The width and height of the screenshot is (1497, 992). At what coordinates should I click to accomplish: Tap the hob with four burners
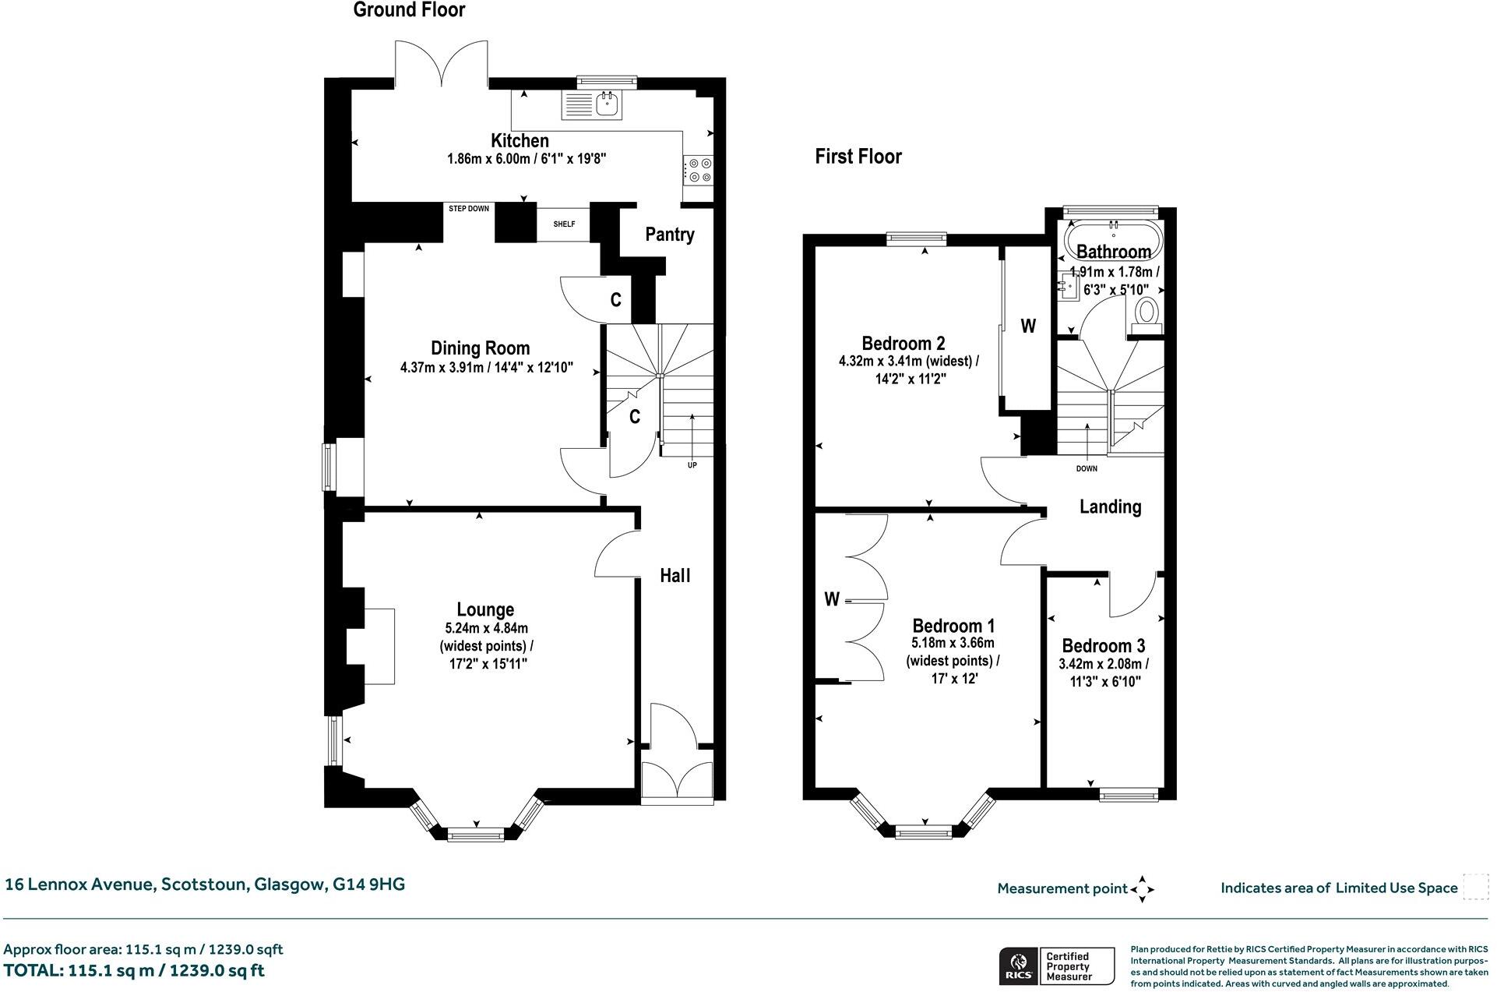coord(698,170)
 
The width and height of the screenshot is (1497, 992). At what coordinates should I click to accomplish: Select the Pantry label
coord(670,235)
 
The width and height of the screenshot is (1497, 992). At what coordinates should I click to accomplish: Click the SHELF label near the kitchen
coord(564,224)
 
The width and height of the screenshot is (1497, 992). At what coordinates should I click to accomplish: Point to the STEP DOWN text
coord(469,209)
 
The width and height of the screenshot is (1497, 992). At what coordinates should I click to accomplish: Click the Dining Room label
coord(481,348)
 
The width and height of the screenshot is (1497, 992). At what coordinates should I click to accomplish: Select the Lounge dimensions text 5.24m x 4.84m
coord(487,628)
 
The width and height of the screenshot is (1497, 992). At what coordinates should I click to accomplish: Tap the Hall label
coord(675,576)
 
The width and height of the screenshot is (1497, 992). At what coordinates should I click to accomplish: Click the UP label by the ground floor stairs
coord(692,465)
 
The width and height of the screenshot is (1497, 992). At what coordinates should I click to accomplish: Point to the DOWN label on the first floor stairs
coord(1087,469)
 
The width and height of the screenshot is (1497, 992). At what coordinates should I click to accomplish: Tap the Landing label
coord(1111,507)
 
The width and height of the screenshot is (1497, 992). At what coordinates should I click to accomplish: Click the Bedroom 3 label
coord(1104,646)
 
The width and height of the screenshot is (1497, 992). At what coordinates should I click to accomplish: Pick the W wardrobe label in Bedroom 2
coord(1028,327)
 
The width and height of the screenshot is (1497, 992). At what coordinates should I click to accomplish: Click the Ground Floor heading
coord(409,10)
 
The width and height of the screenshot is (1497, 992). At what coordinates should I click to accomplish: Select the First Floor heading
coord(858,157)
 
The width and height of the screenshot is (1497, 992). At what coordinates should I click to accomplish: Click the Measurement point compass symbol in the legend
coord(1143,888)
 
